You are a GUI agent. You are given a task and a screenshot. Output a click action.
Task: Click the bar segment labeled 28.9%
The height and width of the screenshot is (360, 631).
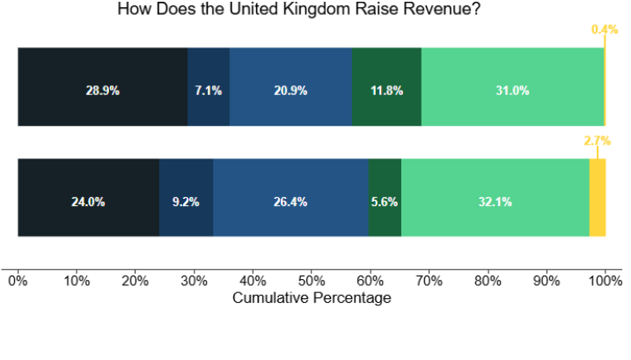[102, 87]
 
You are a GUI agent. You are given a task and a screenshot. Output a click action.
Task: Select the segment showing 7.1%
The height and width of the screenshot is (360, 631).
[209, 87]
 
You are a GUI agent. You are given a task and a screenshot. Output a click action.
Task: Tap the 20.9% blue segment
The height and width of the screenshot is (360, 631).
[290, 87]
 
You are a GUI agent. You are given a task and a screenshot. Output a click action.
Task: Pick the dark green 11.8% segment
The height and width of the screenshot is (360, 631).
[386, 87]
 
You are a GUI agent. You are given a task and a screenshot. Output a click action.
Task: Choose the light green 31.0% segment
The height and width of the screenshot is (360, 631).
[512, 87]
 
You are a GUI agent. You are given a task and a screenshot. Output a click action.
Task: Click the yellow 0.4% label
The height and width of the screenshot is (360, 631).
[605, 29]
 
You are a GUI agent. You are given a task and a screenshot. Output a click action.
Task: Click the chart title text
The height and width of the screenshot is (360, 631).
[317, 11]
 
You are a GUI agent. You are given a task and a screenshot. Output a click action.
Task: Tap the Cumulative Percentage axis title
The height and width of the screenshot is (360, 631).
[312, 298]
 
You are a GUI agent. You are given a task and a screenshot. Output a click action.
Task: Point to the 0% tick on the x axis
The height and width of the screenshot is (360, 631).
[18, 282]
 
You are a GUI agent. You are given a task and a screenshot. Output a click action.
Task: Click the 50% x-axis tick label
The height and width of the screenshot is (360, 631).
[312, 282]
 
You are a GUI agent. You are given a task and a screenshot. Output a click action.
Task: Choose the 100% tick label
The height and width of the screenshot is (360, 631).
[605, 282]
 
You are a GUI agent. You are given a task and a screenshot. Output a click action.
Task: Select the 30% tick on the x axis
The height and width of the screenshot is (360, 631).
[194, 282]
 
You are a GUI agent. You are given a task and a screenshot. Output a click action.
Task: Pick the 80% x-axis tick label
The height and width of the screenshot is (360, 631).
[488, 282]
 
